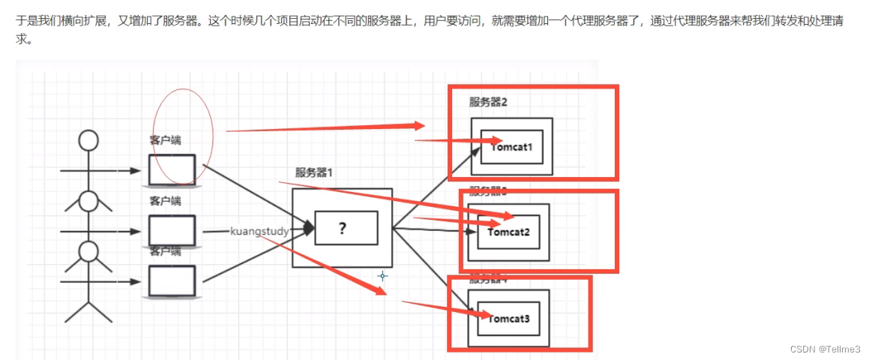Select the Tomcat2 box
509,232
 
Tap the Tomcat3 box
509,319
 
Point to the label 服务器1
314,172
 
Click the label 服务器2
488,103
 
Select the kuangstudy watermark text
259,231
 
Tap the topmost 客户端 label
165,140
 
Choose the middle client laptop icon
172,231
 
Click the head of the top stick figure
89,140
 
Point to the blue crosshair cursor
382,276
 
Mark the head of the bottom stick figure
89,251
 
